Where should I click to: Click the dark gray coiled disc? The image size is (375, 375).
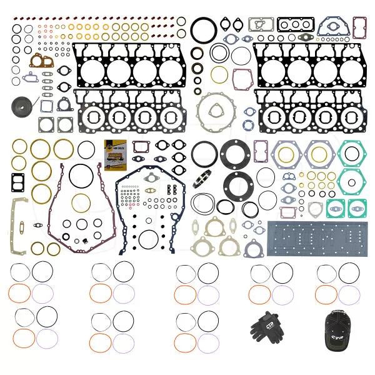coord(19,106)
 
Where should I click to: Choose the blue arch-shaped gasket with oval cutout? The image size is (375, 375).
coord(329,26)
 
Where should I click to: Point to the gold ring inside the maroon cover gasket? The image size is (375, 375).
coord(81,202)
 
